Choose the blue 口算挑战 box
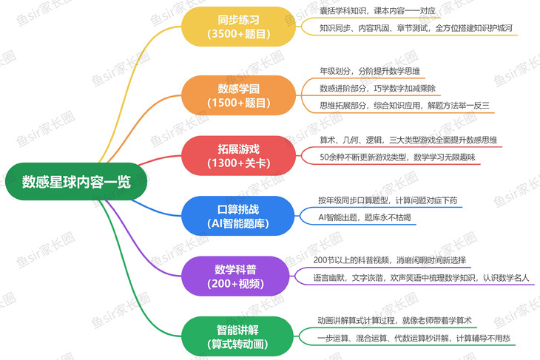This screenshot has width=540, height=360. point(238,214)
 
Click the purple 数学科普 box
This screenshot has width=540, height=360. point(238,275)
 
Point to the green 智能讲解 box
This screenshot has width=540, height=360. point(238,334)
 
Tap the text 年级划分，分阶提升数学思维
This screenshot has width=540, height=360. point(370,71)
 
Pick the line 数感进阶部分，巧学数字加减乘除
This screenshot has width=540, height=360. point(377,88)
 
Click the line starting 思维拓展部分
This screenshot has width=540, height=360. point(405,106)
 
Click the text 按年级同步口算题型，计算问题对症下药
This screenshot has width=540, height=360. point(392,200)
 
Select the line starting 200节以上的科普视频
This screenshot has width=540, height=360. point(390,260)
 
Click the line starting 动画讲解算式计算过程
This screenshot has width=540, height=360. point(394,320)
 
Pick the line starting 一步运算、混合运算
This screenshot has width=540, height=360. point(412,338)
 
